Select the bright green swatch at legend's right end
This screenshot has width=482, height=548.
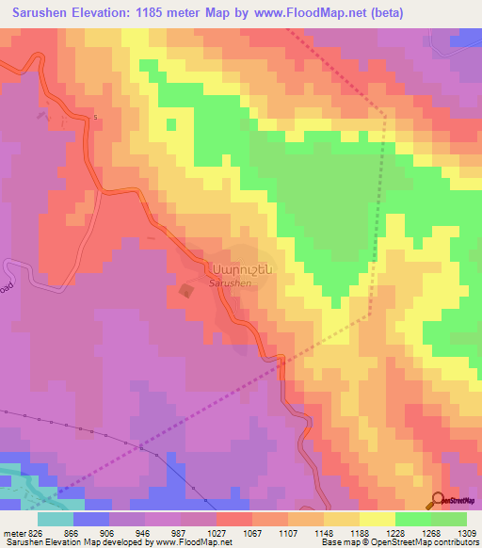449,519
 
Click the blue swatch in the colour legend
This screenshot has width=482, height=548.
91,519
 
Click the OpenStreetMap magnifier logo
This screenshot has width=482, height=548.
438,500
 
